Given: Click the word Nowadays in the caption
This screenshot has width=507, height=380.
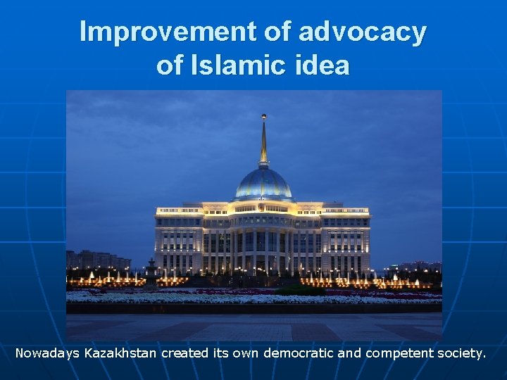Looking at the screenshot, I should tap(47, 353).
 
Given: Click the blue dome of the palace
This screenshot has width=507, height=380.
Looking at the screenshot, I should tap(263, 184).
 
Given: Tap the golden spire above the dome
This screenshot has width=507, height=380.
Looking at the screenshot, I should tap(263, 144).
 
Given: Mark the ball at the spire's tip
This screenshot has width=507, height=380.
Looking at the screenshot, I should tap(263, 116).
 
